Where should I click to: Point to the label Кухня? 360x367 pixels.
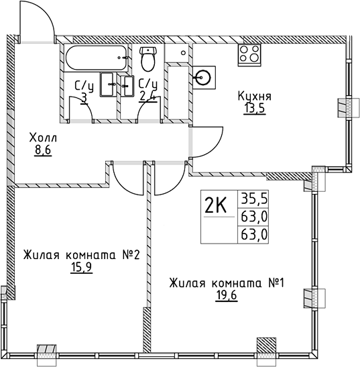point(255,96)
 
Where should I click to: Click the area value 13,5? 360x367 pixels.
point(255,109)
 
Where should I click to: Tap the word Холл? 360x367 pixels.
point(44,138)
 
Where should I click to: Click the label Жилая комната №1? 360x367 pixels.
point(227,282)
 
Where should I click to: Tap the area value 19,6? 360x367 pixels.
point(227,295)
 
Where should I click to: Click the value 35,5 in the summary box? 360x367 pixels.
point(249,199)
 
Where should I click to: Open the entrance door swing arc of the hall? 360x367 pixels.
point(36,20)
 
